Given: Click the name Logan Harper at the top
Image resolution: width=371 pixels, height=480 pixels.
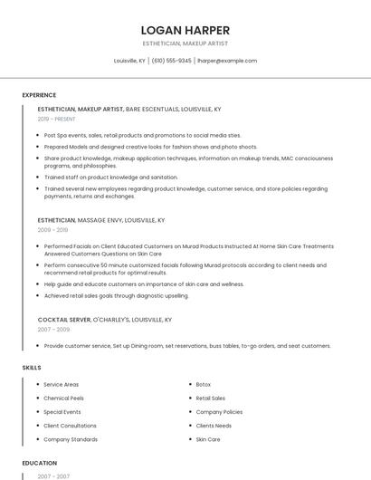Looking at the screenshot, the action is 185,30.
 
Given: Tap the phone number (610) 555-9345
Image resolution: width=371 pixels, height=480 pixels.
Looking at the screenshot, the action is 172,61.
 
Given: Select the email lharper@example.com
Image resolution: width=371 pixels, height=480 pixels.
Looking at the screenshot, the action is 227,61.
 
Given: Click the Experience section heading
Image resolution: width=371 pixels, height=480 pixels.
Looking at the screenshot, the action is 39,95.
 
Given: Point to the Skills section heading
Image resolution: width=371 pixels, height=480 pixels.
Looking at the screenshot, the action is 32,368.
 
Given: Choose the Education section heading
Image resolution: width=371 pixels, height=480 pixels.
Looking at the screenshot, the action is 40,463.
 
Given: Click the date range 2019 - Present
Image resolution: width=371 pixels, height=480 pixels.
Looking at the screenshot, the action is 57,119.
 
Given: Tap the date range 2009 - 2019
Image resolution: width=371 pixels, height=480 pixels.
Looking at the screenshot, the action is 52,230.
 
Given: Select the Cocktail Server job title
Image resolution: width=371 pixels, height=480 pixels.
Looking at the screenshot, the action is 64,320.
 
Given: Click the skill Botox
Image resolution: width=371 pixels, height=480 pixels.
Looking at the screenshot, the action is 204,385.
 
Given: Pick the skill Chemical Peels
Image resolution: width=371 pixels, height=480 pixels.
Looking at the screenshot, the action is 63,398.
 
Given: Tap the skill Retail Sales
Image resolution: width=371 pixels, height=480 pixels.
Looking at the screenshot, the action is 211,398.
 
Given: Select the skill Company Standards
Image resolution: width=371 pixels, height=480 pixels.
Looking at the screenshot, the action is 71,439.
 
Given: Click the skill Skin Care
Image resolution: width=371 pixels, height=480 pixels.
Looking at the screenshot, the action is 208,439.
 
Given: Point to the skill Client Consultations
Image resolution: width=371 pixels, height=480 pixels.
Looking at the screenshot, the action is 70,426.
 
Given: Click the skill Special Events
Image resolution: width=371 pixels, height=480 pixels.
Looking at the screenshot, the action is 62,412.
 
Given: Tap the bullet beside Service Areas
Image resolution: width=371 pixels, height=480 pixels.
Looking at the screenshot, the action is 37,385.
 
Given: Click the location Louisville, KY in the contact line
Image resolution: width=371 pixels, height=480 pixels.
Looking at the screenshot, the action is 129,61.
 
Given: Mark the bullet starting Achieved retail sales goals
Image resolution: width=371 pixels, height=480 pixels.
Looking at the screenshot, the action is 116,295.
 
